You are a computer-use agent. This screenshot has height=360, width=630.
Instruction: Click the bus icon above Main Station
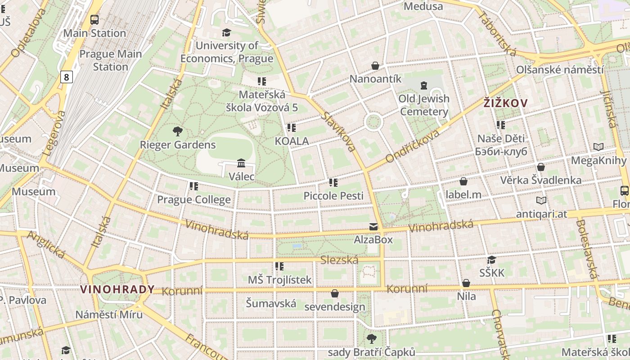tap(94, 20)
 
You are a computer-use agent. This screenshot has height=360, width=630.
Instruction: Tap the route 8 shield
tap(67, 77)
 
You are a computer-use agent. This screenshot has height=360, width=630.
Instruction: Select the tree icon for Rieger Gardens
tap(178, 131)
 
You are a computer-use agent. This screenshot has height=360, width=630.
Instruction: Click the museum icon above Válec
tap(241, 163)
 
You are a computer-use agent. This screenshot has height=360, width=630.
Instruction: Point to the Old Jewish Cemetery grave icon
tap(423, 85)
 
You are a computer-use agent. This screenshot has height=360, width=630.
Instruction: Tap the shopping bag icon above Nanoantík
tap(375, 66)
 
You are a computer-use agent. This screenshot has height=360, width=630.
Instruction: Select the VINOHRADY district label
tap(117, 289)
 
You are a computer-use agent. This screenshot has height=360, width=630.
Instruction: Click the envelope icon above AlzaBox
tap(373, 226)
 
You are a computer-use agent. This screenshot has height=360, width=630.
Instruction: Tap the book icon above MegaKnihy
tap(598, 147)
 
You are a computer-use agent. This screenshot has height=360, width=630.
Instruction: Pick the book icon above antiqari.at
tap(541, 200)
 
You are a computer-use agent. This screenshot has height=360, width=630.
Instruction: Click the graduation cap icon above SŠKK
tap(491, 260)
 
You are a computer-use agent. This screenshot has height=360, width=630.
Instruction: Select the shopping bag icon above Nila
tap(466, 283)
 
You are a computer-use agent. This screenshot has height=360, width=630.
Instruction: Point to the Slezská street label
tap(339, 260)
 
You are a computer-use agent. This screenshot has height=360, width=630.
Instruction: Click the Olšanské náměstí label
tap(560, 70)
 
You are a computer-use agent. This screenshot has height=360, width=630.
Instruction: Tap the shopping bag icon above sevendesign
tap(334, 293)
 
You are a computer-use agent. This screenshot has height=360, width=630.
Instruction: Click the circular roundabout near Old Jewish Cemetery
tap(373, 122)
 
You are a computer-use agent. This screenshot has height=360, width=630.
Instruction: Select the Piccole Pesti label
tap(333, 196)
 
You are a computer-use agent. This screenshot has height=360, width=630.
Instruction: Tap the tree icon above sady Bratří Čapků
tap(371, 338)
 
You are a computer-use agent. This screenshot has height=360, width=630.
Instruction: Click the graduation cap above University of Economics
tap(226, 32)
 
